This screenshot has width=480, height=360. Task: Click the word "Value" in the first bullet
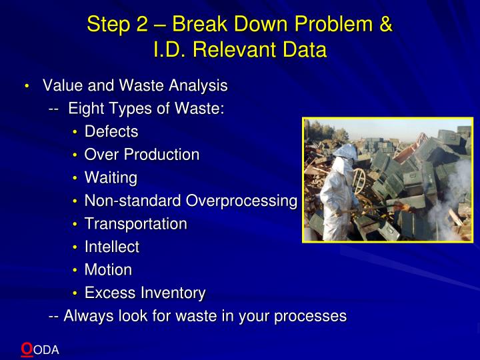[x=62, y=86]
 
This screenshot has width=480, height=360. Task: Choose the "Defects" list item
[x=111, y=132]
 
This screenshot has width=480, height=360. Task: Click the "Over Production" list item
[x=142, y=155]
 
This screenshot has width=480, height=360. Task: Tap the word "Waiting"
[x=111, y=178]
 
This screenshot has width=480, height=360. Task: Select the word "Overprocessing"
[x=241, y=201]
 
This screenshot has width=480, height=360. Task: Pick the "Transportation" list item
[x=136, y=224]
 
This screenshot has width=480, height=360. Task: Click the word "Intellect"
[x=112, y=247]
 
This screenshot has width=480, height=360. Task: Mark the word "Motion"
[x=108, y=270]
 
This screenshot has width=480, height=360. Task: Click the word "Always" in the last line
[x=86, y=316]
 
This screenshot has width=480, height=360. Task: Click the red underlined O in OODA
[x=27, y=348]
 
